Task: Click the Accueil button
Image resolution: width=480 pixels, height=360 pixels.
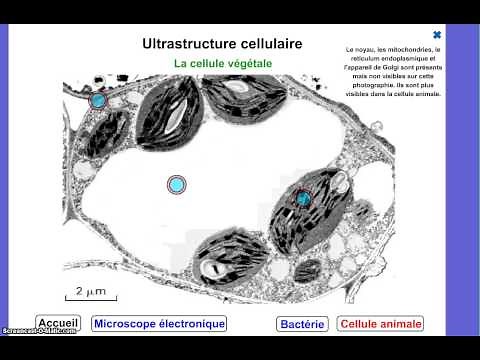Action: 58,323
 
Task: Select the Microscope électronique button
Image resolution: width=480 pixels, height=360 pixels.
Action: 159,323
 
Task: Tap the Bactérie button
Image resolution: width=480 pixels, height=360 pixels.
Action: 302,323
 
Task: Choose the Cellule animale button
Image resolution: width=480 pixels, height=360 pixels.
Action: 381,323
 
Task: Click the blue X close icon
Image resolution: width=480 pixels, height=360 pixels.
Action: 437,33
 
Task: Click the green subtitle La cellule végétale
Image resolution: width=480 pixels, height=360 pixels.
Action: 223,63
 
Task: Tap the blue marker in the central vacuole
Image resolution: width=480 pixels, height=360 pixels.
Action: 177,184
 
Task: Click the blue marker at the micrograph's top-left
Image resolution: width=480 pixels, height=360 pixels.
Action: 98,100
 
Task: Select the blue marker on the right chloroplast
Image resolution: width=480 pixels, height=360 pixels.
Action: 303,199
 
